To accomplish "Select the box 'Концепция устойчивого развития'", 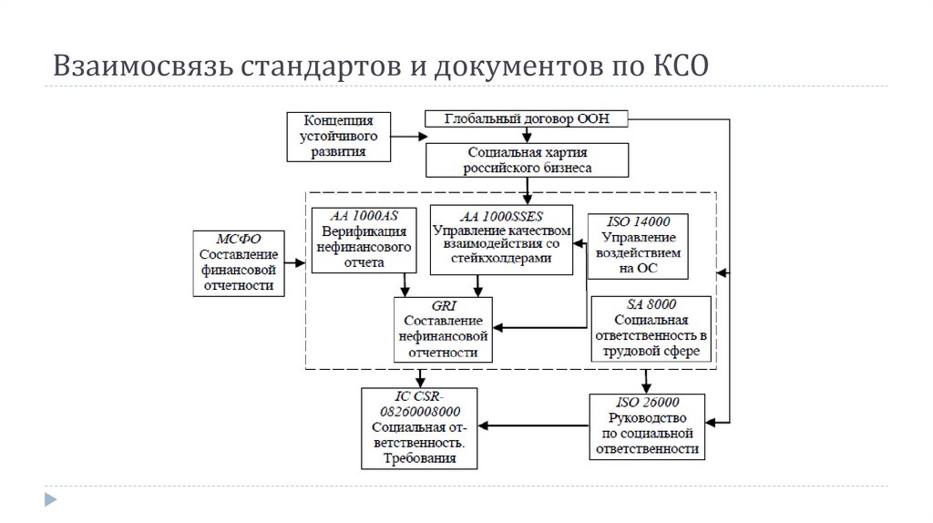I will pos(337,137).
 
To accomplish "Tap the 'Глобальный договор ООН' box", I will pos(526,118).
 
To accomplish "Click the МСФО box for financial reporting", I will pos(237,262).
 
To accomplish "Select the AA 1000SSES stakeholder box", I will pos(501,241).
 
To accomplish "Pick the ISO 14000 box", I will pos(638,246).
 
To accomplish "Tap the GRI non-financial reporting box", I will pos(444,330).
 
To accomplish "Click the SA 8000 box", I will pos(651,329).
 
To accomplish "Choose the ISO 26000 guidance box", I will pos(647,426).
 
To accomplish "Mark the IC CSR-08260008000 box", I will pos(421,428).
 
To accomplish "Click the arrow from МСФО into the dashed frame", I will pos(293,263).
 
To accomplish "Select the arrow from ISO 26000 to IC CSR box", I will pos(533,425).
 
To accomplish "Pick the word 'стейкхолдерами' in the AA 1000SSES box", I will pos(501,259).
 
